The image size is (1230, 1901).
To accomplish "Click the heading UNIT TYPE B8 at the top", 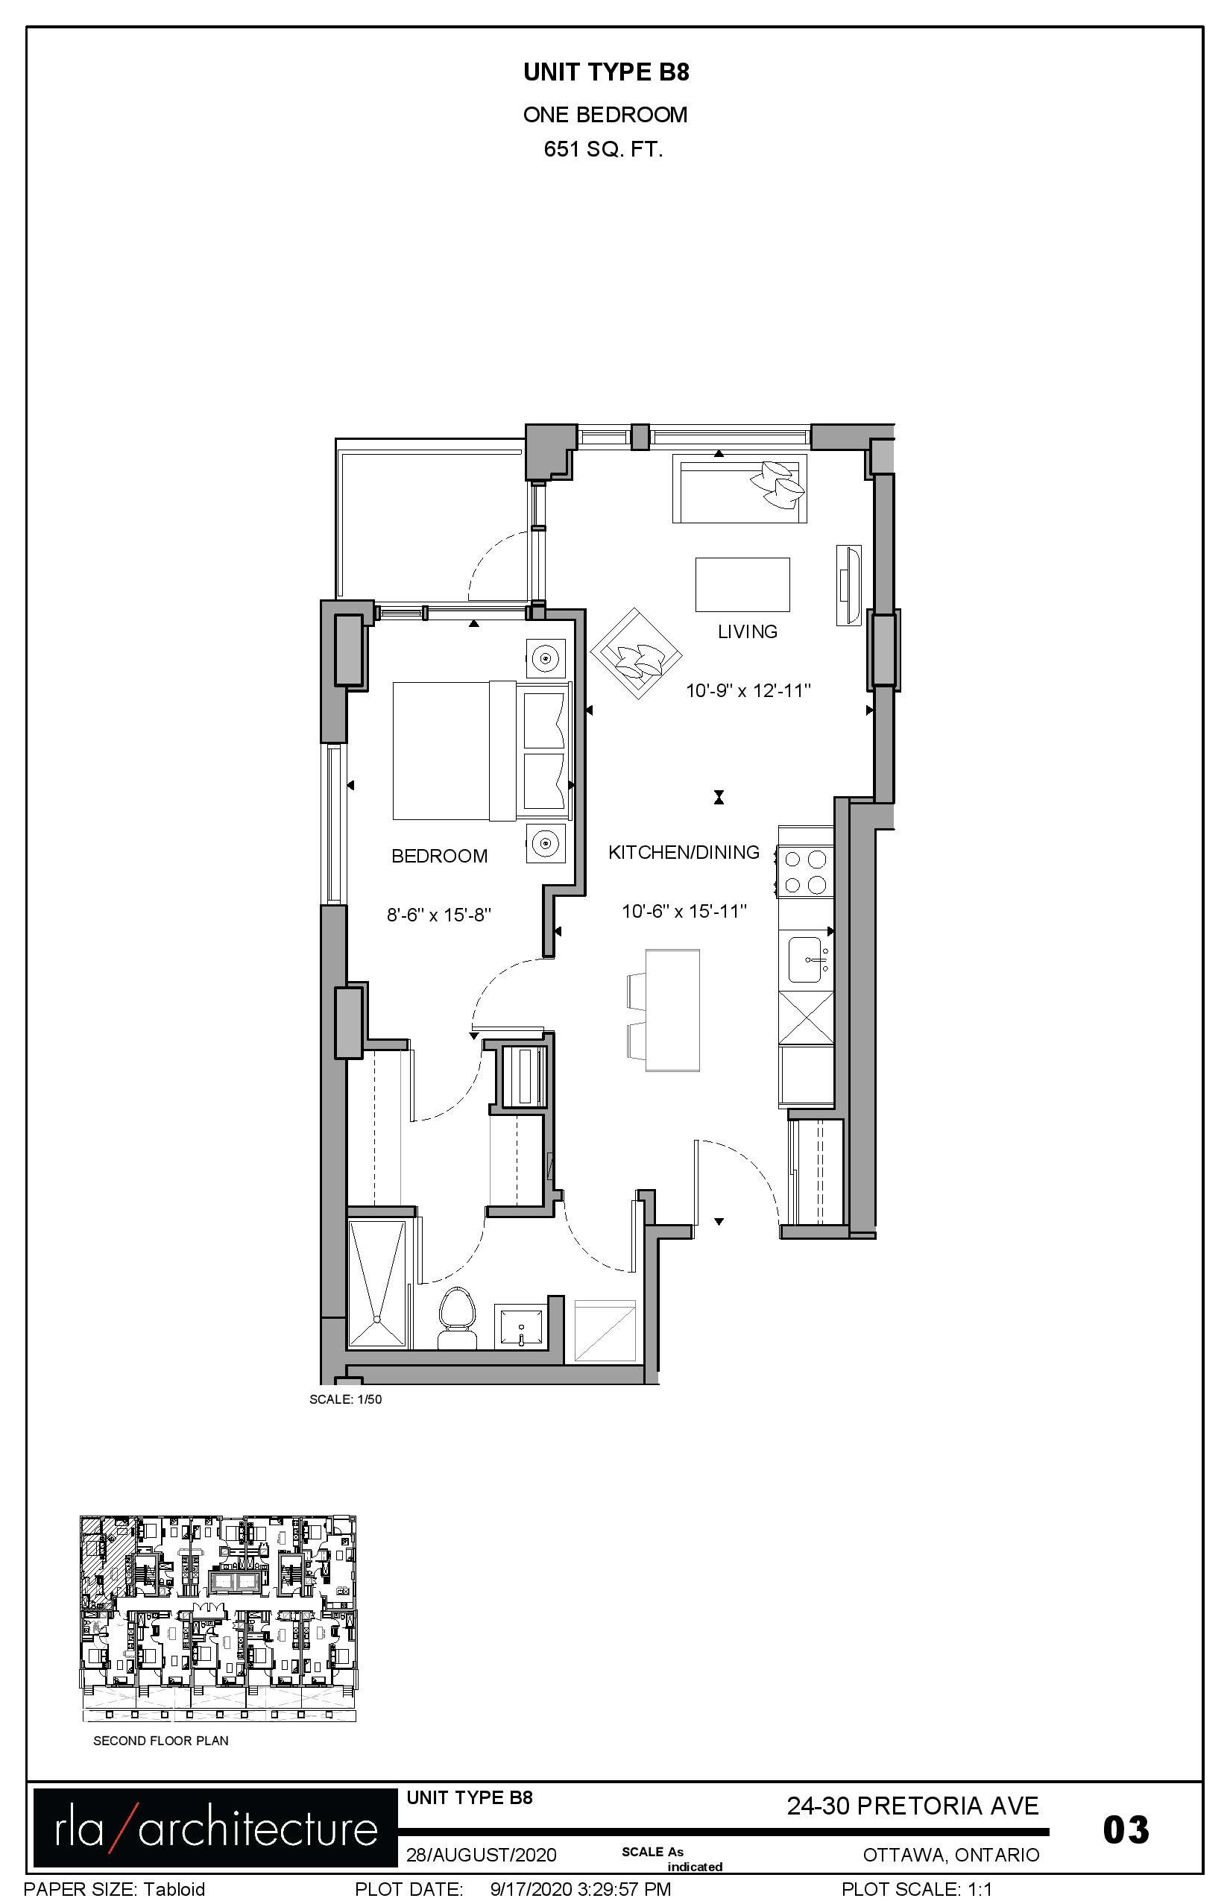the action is [606, 72].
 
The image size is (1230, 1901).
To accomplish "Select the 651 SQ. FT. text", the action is [604, 149].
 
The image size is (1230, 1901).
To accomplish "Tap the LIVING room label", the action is [748, 632].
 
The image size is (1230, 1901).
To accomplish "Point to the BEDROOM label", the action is [439, 857].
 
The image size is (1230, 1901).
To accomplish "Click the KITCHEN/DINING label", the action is [684, 852].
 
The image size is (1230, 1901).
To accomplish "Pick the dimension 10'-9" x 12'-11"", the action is [748, 690].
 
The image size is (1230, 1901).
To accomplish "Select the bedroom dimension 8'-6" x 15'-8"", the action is [438, 915].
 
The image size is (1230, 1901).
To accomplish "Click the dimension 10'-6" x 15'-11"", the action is [684, 910].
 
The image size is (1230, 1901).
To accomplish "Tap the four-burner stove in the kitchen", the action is [805, 872].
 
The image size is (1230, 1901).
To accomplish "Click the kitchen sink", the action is [808, 959].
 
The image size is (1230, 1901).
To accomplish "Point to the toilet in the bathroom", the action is [457, 1317].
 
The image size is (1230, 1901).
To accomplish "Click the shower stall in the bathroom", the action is [377, 1284].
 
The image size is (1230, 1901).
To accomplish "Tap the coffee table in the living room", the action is [742, 584].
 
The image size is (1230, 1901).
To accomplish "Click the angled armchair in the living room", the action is [637, 653].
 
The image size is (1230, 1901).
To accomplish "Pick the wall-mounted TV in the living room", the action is [848, 585].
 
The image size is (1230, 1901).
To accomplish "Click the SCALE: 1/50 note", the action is [346, 1399].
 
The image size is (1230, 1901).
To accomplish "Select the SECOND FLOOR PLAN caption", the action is [160, 1741].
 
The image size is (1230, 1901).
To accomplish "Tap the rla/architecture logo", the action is [215, 1827].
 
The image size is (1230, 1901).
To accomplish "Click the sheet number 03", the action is [1126, 1829].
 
